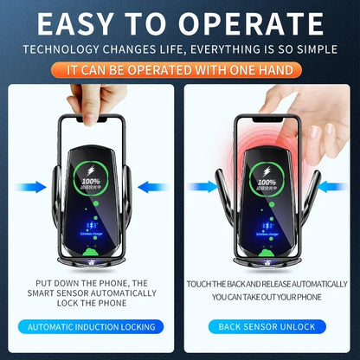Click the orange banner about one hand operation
point(180,67)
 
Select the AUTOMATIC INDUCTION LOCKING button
point(92,327)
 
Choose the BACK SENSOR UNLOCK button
point(267,327)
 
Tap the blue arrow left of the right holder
point(204,185)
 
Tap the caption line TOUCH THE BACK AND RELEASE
point(267,282)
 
